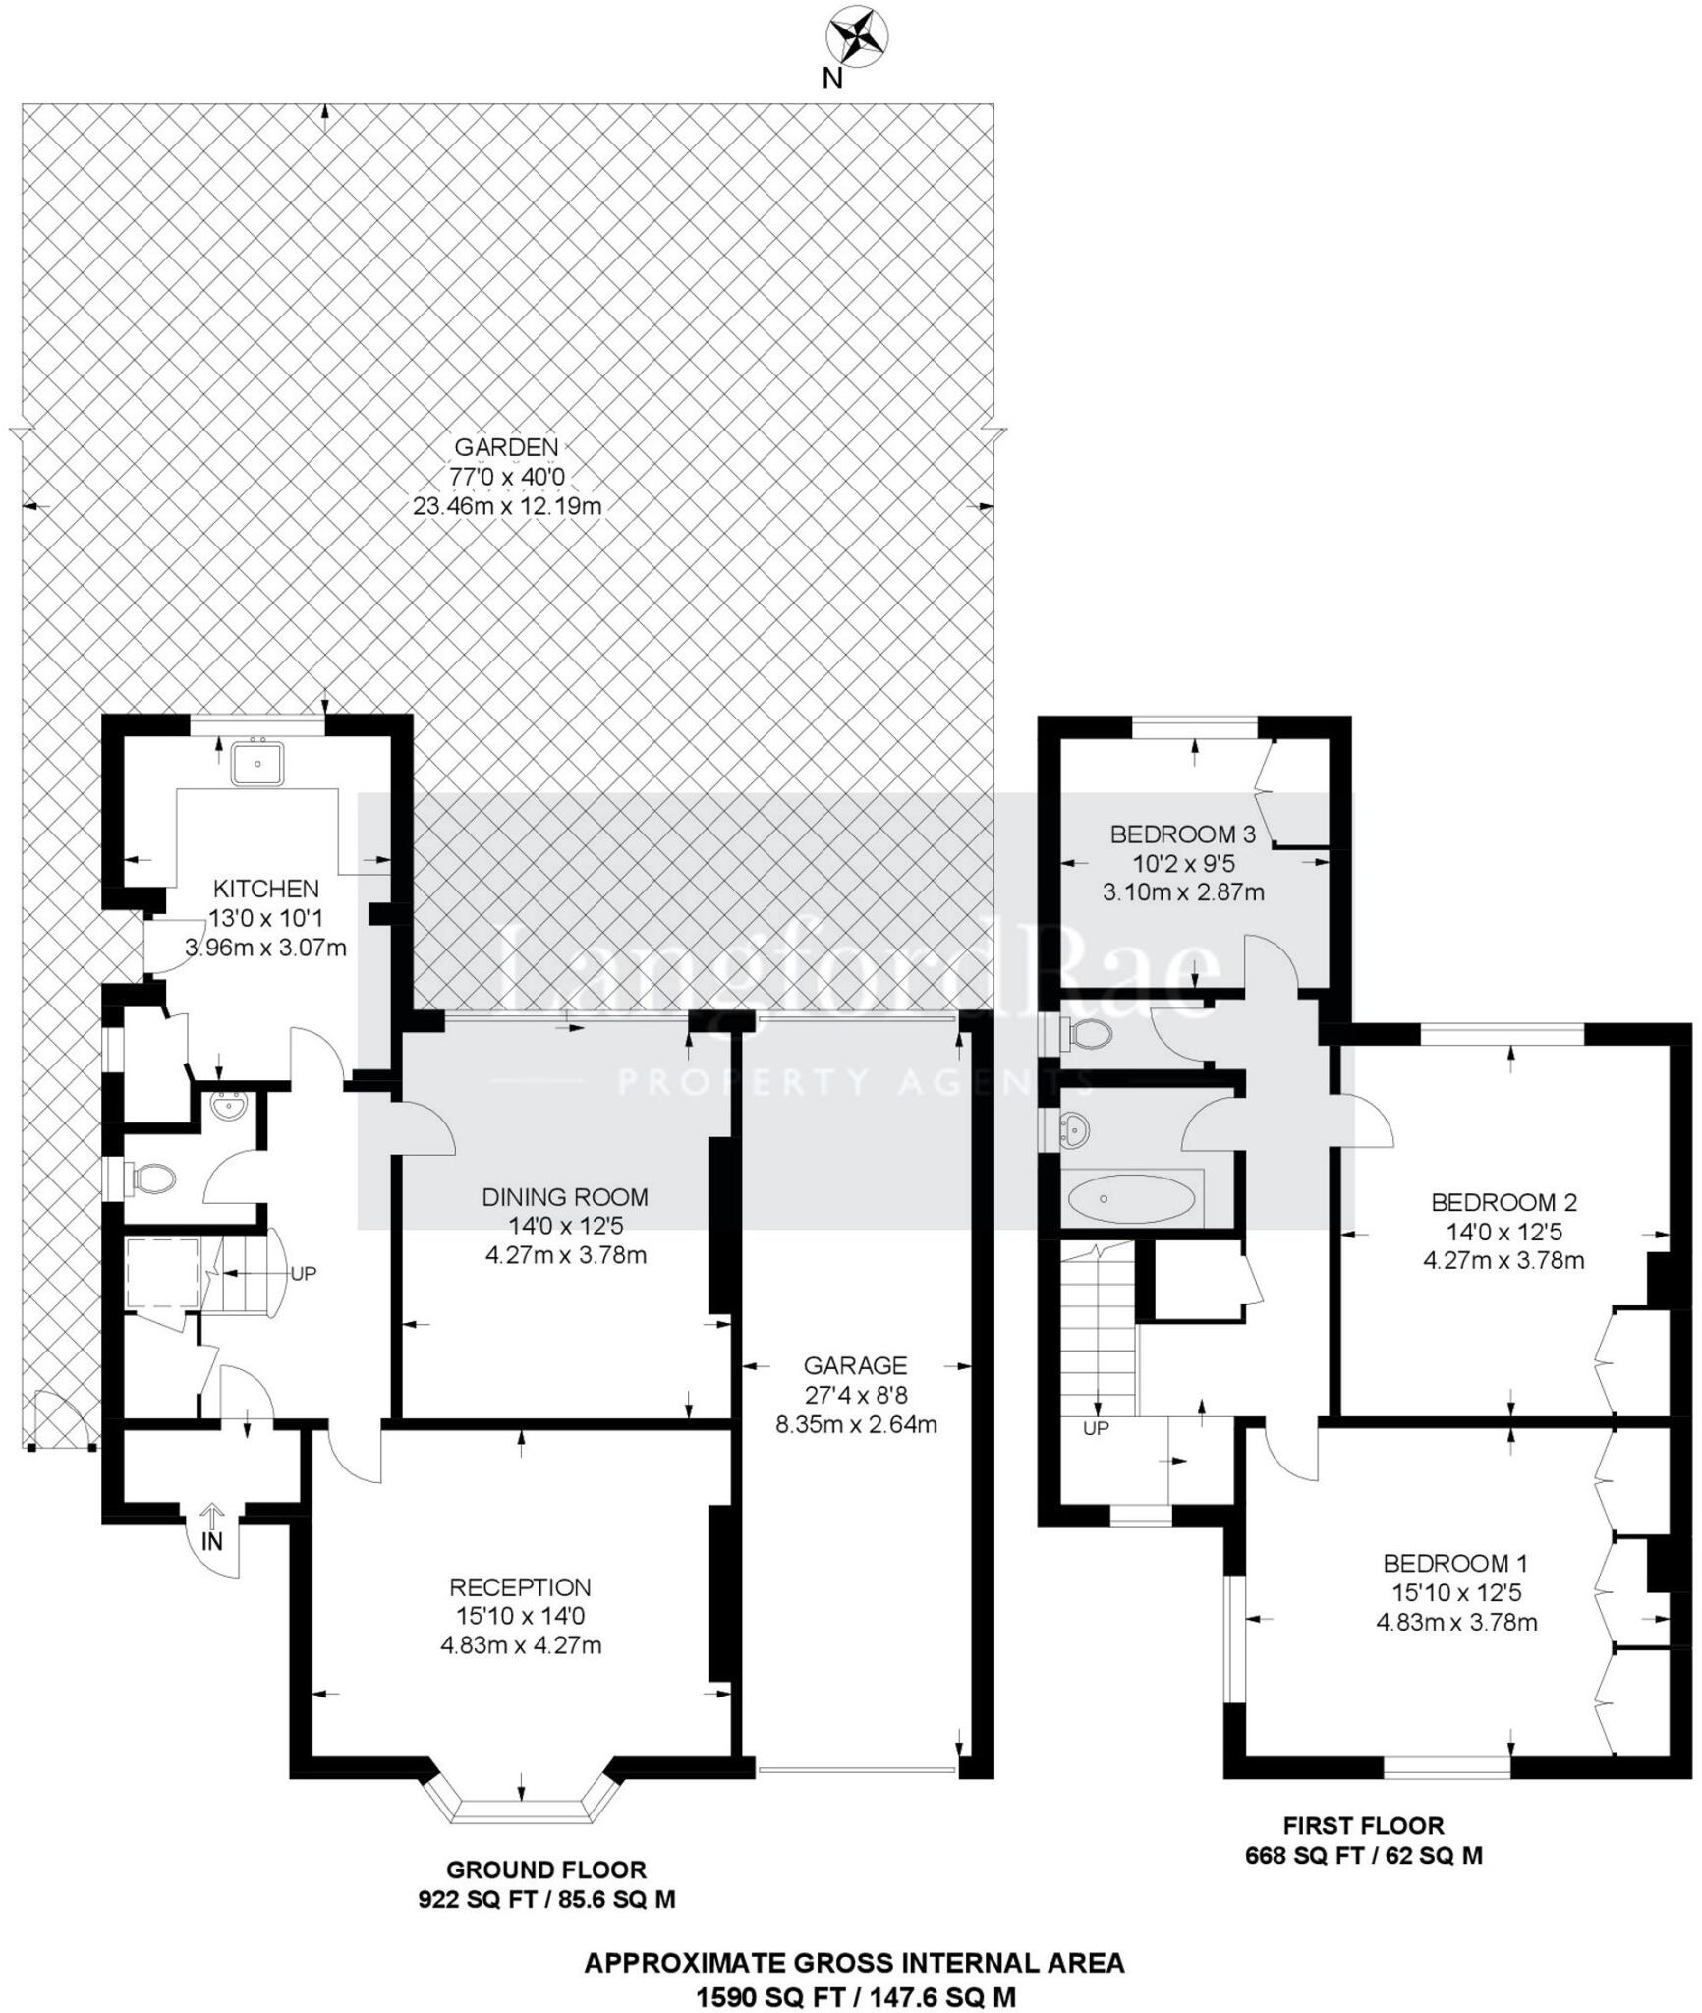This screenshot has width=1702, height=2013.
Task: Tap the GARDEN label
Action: pos(506,447)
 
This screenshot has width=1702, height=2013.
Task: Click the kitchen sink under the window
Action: pos(257,762)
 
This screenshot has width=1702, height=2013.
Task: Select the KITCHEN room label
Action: pos(266,889)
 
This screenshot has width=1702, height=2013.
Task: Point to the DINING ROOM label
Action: pos(565,1197)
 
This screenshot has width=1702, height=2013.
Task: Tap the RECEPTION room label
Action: pos(520,1587)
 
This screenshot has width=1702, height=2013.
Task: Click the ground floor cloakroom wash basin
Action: pos(230,1108)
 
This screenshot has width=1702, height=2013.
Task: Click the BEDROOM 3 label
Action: pos(1183,834)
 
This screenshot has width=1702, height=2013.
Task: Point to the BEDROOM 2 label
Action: pos(1504,1202)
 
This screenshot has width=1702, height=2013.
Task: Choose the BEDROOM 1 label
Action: pos(1456,1563)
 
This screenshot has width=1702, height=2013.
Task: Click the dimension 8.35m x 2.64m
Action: pos(856,1424)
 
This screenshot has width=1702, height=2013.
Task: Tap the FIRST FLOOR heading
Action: pos(1364,1826)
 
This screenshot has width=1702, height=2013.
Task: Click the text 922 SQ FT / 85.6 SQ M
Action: pos(547,1899)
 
